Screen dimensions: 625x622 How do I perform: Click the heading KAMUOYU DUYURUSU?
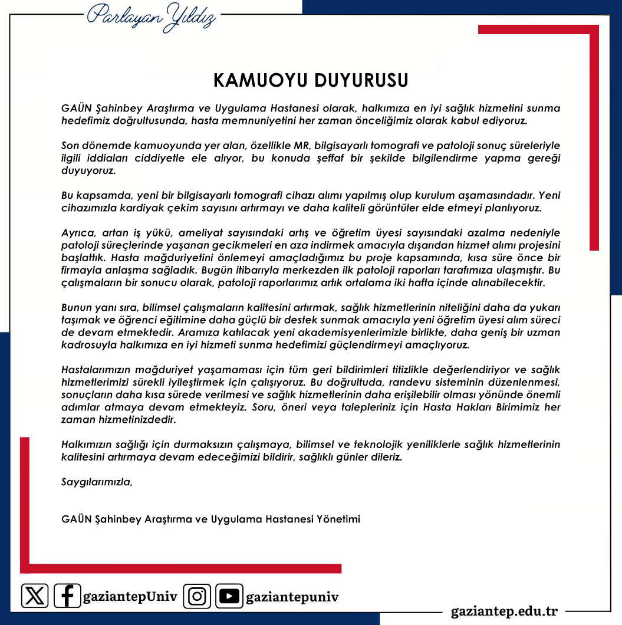coord(311,80)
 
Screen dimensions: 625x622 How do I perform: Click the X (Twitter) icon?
coord(35,596)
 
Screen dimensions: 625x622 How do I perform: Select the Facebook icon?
coord(67,596)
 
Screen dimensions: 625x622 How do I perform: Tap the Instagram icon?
coord(197,596)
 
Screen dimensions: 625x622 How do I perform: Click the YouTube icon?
coord(229,596)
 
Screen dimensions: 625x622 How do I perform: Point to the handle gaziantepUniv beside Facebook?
coord(130,596)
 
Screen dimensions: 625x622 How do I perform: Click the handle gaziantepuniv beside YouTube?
coord(292,596)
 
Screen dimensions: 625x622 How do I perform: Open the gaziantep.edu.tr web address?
coord(504,610)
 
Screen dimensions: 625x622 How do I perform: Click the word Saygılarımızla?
coord(97,482)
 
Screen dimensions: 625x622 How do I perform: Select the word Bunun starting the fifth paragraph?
coord(76,307)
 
